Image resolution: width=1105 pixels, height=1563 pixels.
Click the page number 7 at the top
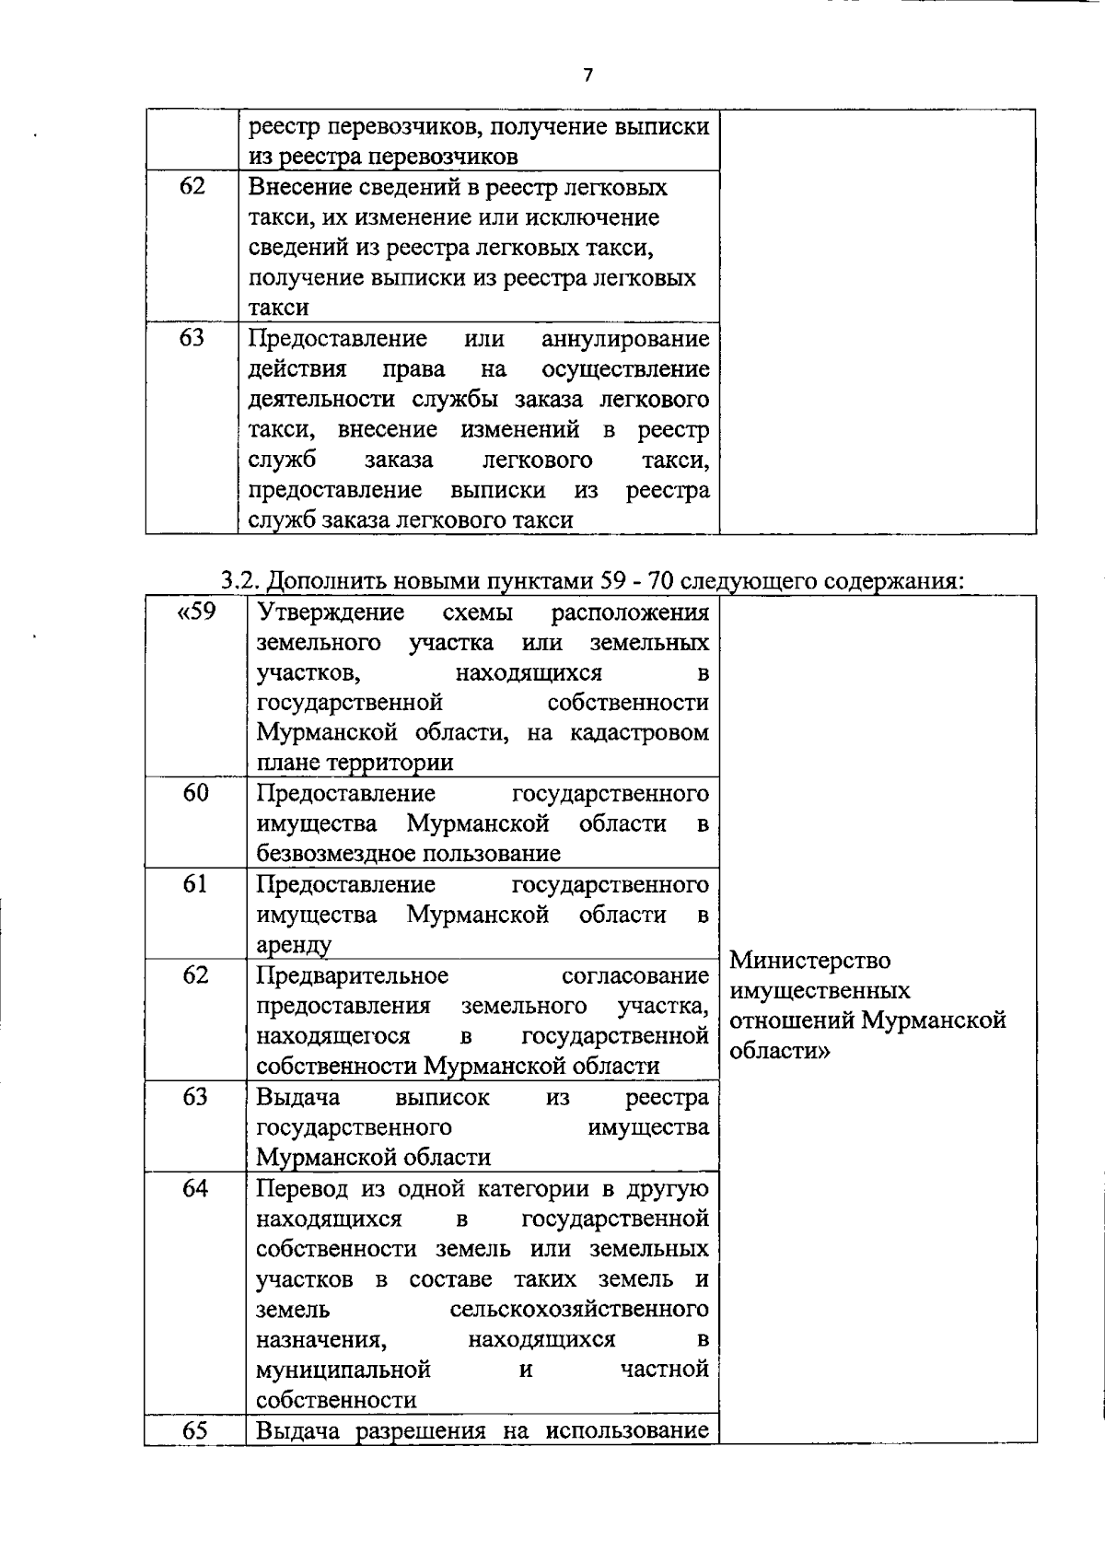tap(587, 76)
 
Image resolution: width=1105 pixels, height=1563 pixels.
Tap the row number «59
tap(194, 612)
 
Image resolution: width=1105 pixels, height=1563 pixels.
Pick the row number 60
tap(195, 793)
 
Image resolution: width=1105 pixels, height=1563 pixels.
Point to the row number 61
tap(195, 884)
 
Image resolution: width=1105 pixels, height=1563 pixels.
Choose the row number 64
tap(195, 1188)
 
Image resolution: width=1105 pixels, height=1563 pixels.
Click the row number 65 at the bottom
tap(195, 1430)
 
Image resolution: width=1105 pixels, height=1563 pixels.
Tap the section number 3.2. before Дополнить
tap(241, 581)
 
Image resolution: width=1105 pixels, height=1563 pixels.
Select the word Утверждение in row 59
tap(331, 612)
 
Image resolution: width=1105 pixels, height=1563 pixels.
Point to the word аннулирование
tap(625, 339)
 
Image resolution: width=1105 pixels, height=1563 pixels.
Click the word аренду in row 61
tap(294, 945)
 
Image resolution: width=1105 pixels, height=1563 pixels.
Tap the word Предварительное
tap(352, 975)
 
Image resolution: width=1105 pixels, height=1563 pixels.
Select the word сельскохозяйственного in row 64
tap(579, 1310)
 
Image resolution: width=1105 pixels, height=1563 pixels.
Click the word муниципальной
tap(343, 1370)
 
